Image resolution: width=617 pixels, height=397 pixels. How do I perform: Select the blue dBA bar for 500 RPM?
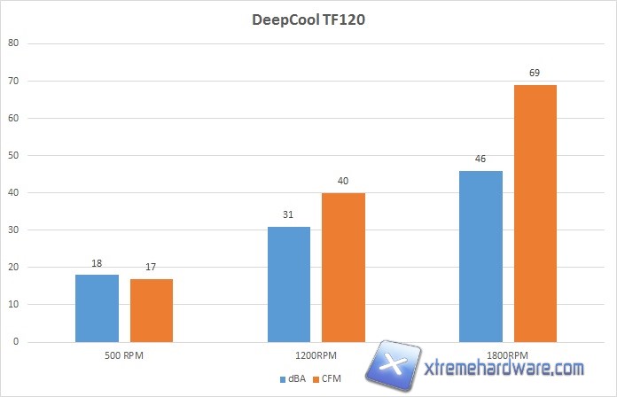click(97, 308)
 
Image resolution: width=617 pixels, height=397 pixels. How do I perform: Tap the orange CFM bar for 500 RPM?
click(152, 310)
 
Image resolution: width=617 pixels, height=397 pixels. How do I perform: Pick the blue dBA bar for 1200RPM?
click(289, 284)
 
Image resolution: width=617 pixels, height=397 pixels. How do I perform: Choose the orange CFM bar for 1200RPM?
click(344, 268)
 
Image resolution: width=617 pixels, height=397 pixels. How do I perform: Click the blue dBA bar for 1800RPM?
click(481, 256)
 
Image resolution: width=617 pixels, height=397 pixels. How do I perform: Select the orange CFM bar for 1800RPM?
click(535, 214)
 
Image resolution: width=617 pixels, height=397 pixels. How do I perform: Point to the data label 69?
click(535, 73)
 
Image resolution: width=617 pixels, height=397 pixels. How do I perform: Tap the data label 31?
click(289, 214)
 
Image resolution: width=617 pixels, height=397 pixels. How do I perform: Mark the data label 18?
click(97, 263)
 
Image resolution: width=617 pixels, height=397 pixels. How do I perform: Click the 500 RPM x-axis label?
click(124, 356)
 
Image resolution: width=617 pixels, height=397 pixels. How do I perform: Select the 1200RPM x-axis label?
click(316, 356)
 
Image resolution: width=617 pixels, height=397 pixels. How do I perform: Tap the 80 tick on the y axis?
click(12, 43)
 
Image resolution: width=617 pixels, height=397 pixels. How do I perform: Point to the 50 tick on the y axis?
click(12, 155)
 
